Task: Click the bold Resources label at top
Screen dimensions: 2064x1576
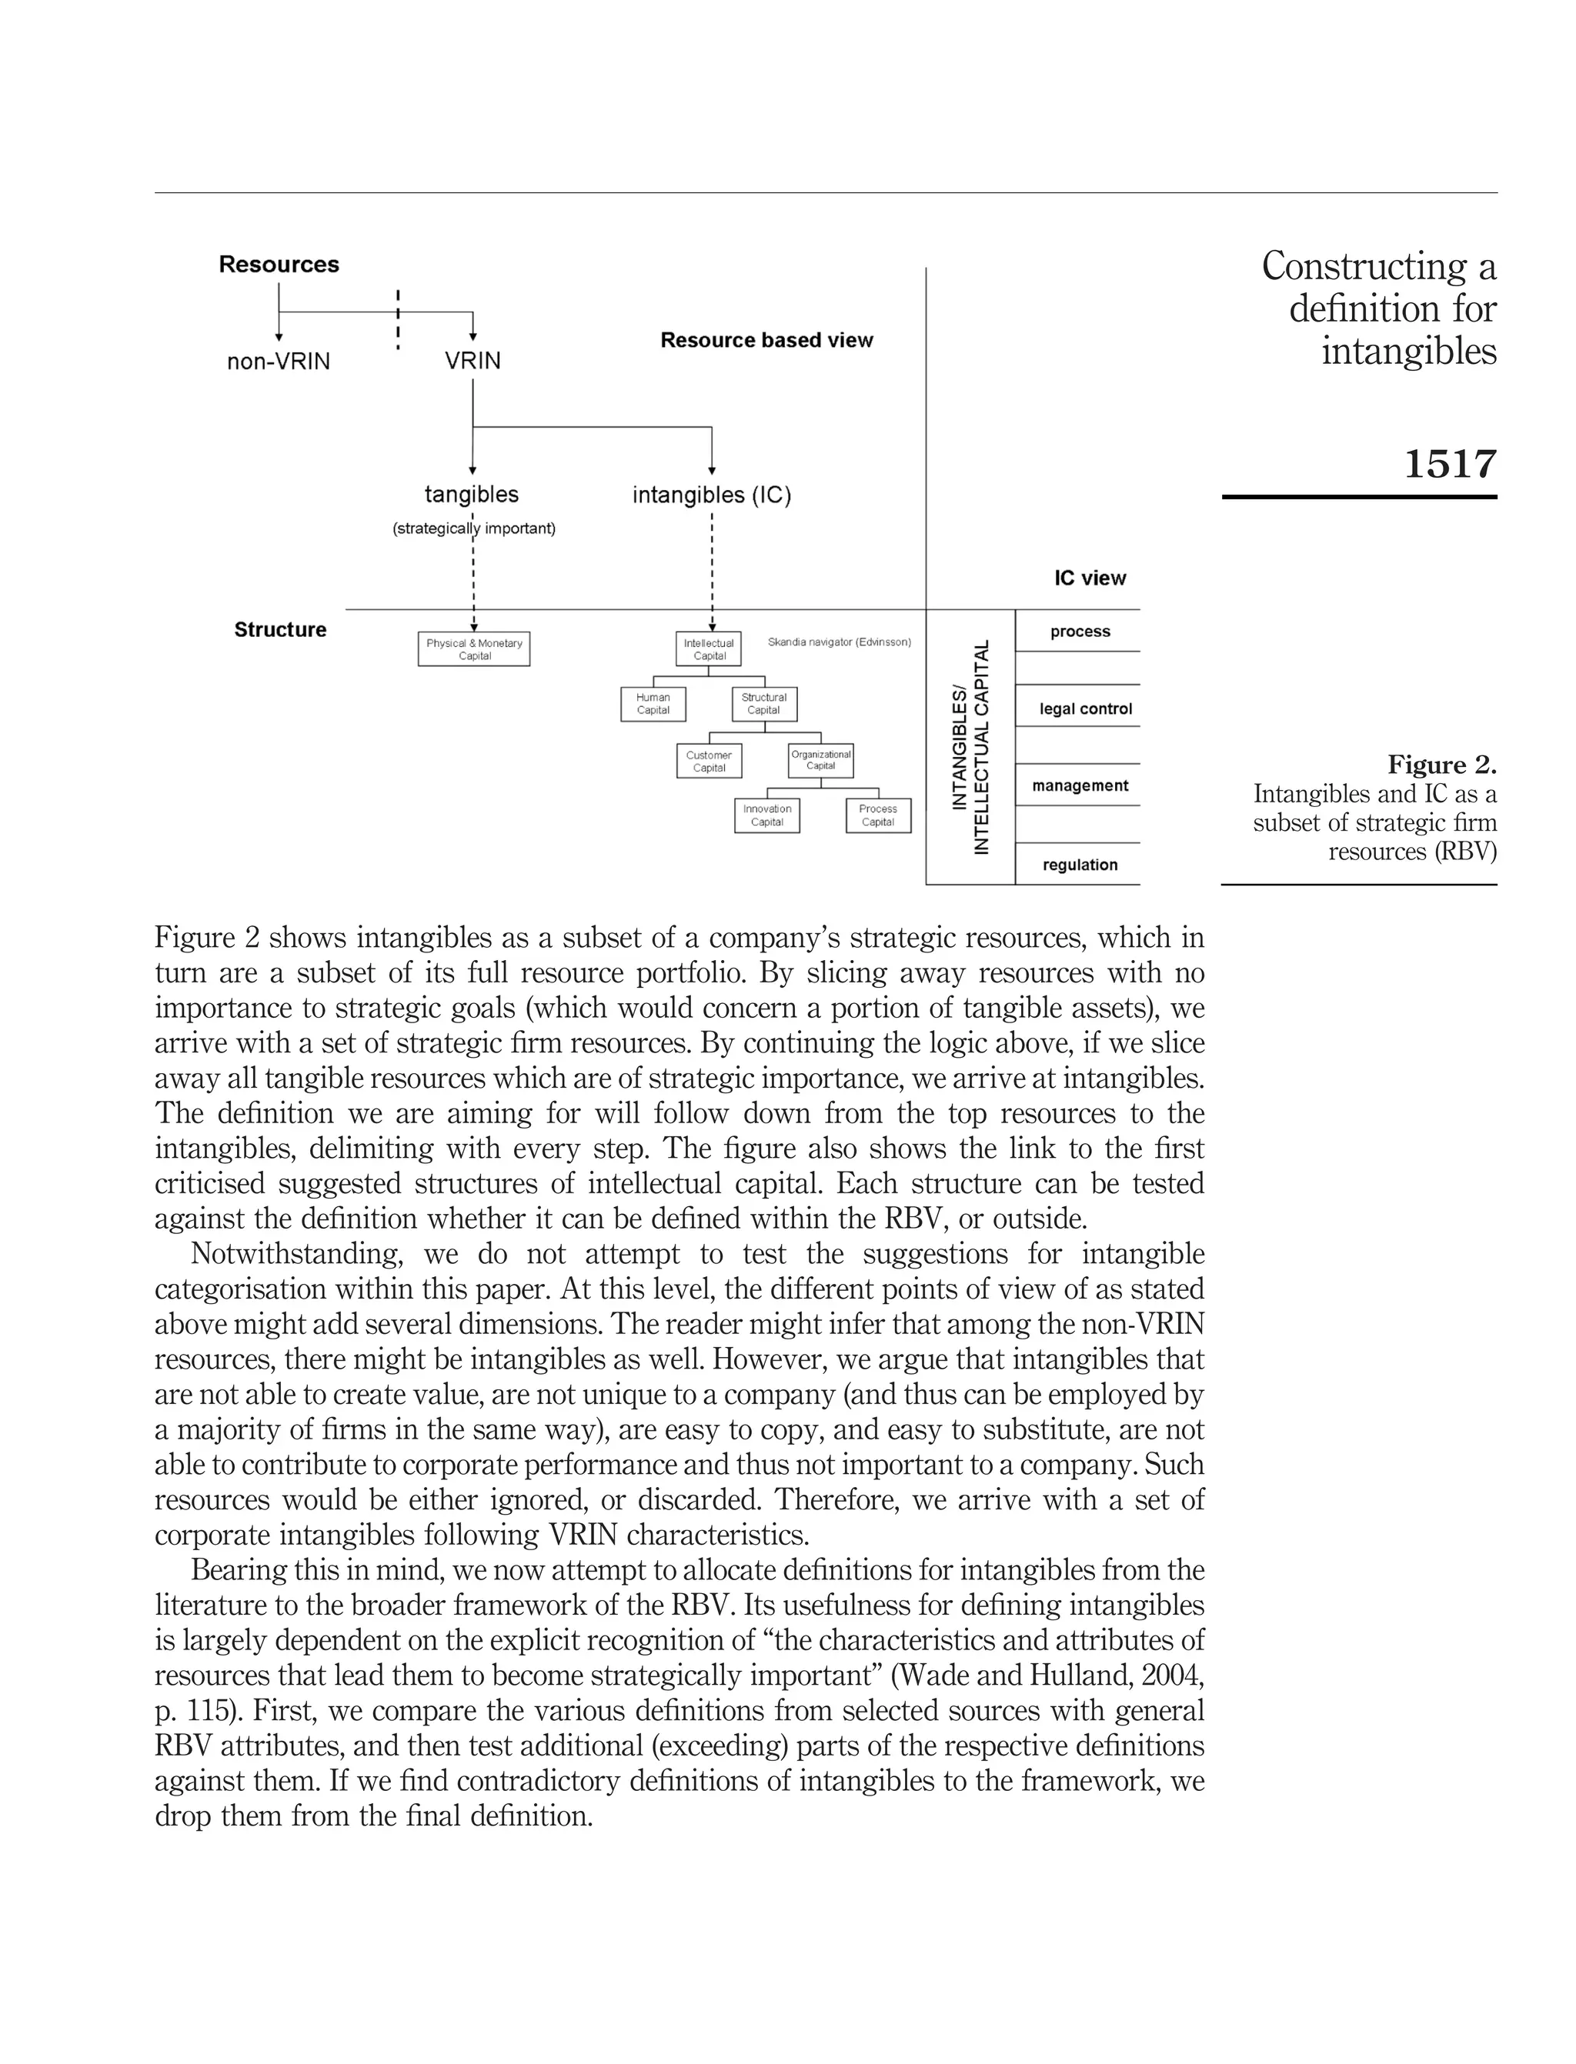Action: [x=279, y=265]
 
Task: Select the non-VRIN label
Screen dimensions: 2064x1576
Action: [x=279, y=361]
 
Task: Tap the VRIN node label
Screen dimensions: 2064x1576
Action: [x=472, y=361]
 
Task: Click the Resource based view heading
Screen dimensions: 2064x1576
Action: [x=766, y=340]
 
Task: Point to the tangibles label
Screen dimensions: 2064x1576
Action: [x=471, y=494]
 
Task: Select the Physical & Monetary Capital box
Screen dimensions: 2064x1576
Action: [x=474, y=649]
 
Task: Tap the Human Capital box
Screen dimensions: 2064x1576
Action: [x=653, y=703]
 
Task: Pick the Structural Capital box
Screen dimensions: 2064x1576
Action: [x=763, y=703]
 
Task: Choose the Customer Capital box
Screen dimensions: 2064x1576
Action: [x=708, y=761]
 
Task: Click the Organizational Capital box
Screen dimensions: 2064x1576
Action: [x=821, y=759]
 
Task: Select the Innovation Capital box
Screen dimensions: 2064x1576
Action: [x=766, y=815]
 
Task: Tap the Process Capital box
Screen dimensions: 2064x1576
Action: [x=878, y=815]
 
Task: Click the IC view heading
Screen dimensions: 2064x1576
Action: [x=1089, y=579]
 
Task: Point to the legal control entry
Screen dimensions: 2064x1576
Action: [x=1085, y=709]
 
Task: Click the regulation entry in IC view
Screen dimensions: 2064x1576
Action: [x=1080, y=865]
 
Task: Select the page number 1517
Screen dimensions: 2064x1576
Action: [x=1449, y=464]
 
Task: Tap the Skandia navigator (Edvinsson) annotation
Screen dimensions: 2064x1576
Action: [x=839, y=642]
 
